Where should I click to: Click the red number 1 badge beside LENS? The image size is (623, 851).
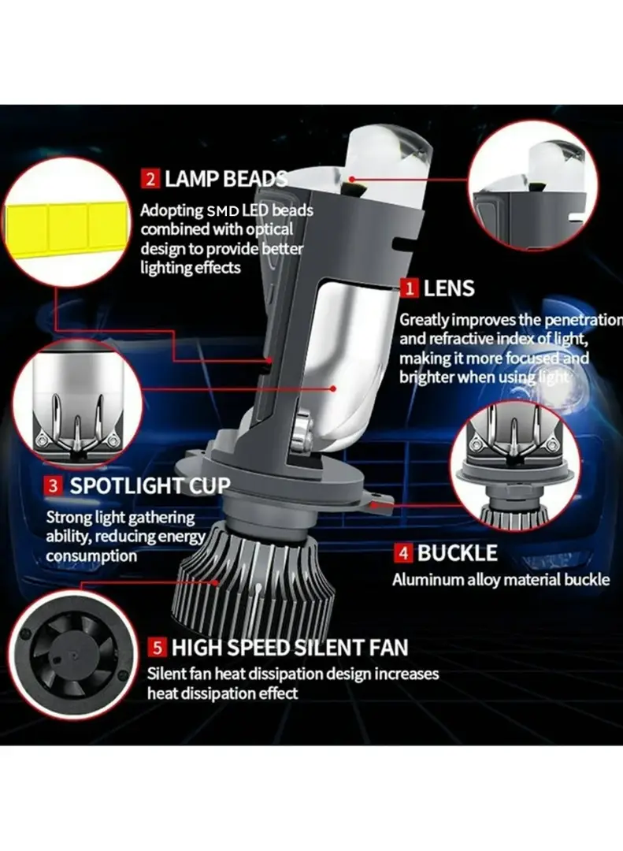pyautogui.click(x=410, y=288)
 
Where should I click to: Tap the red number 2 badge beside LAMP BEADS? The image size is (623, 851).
pyautogui.click(x=150, y=179)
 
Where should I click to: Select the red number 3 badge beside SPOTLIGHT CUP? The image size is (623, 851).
pyautogui.click(x=53, y=485)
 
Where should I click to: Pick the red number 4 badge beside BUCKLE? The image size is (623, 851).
pyautogui.click(x=402, y=553)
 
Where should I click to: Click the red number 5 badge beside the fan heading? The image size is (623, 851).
pyautogui.click(x=157, y=647)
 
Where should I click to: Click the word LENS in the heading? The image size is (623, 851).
pyautogui.click(x=449, y=288)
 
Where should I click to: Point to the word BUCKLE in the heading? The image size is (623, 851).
pyautogui.click(x=457, y=553)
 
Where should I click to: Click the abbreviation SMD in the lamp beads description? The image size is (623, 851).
pyautogui.click(x=222, y=210)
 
